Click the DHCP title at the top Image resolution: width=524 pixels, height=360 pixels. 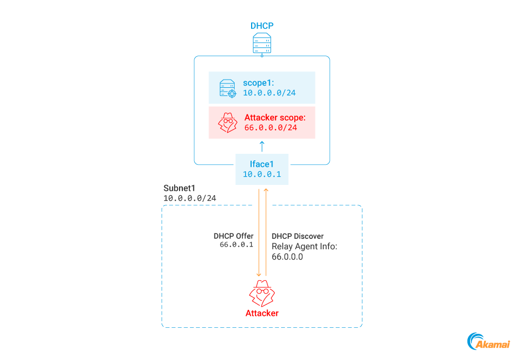[x=262, y=26]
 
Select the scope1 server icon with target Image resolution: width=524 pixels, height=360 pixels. [x=228, y=88]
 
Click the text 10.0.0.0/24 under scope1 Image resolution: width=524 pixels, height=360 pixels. [x=269, y=93]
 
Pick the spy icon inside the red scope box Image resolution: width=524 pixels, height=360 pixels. [x=228, y=123]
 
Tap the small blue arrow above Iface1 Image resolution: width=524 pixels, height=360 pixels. [x=262, y=146]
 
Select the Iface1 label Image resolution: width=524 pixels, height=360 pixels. [x=262, y=163]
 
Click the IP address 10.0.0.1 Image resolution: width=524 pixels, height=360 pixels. [x=262, y=174]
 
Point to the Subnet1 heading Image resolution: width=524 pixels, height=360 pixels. [x=180, y=188]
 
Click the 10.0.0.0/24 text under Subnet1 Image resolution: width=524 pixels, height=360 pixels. [x=189, y=198]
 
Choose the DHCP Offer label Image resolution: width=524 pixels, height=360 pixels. [x=233, y=236]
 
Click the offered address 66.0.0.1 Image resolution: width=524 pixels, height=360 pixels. [x=236, y=245]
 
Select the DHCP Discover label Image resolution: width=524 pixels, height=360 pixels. [x=297, y=236]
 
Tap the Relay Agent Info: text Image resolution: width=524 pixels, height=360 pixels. [x=304, y=246]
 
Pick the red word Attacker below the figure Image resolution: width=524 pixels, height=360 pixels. [x=262, y=313]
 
